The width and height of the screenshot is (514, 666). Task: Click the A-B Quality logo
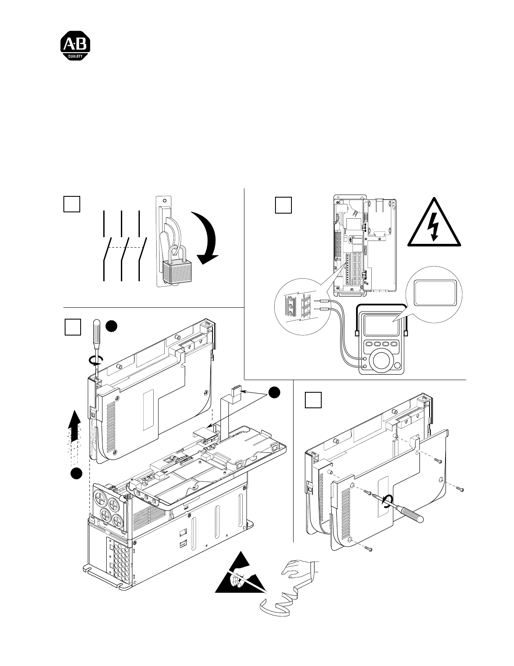[x=75, y=45]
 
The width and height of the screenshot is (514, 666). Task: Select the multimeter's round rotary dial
[x=382, y=362]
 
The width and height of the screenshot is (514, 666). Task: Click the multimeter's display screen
[x=381, y=325]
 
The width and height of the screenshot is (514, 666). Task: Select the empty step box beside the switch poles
[x=72, y=204]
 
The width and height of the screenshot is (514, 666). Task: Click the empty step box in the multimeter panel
[x=283, y=205]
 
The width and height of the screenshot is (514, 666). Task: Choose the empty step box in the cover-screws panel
[x=313, y=400]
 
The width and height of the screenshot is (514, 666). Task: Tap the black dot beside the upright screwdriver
[x=111, y=326]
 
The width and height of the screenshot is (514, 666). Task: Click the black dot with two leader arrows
[x=274, y=393]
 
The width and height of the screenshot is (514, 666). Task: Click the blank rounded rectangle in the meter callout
[x=434, y=293]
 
